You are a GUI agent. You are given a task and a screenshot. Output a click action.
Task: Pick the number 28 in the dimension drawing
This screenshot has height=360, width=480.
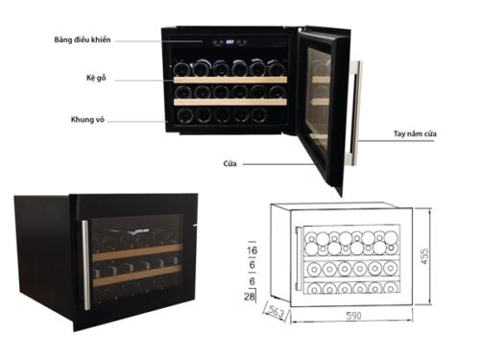(252, 300)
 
